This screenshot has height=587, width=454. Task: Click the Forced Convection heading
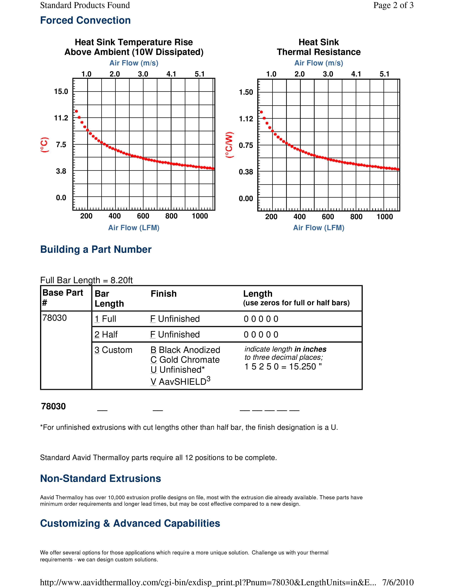pyautogui.click(x=85, y=20)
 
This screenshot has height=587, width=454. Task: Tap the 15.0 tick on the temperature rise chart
pyautogui.click(x=61, y=91)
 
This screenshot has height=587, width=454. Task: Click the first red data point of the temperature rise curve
pyautogui.click(x=76, y=111)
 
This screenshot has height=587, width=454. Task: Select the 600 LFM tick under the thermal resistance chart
pyautogui.click(x=328, y=217)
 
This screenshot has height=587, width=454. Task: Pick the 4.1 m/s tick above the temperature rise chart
pyautogui.click(x=171, y=74)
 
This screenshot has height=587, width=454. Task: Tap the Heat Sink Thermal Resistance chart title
pyautogui.click(x=319, y=47)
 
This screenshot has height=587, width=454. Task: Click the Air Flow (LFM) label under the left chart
pyautogui.click(x=134, y=228)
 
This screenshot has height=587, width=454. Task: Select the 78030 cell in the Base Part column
pyautogui.click(x=55, y=318)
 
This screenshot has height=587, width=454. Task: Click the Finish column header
pyautogui.click(x=163, y=294)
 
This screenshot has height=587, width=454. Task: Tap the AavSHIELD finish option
pyautogui.click(x=181, y=382)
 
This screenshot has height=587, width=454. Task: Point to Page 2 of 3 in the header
pyautogui.click(x=393, y=5)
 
